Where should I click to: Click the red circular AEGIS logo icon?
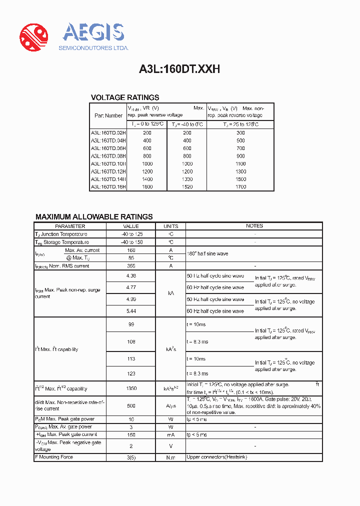tap(33, 37)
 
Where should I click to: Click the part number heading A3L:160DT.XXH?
tap(179, 70)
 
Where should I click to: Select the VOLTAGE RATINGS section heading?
tap(124, 97)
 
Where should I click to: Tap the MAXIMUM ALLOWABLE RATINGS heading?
tap(94, 216)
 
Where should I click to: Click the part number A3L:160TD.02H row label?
tap(108, 132)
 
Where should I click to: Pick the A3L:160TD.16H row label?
tap(108, 186)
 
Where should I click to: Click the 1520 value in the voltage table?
tap(187, 186)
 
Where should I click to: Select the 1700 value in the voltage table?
tap(240, 186)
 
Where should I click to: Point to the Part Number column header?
tap(108, 115)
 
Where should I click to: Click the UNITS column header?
tap(170, 226)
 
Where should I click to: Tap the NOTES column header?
tap(254, 226)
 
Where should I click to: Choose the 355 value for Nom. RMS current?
tap(131, 266)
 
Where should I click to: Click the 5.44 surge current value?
tap(131, 310)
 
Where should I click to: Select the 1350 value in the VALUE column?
tap(131, 388)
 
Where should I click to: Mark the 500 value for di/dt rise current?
tap(131, 406)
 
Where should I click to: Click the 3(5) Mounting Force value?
tap(131, 457)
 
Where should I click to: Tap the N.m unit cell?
tap(170, 457)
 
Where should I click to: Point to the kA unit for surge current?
tap(170, 293)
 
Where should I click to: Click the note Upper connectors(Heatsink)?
tap(216, 457)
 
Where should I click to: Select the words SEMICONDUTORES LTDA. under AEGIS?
tap(93, 48)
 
